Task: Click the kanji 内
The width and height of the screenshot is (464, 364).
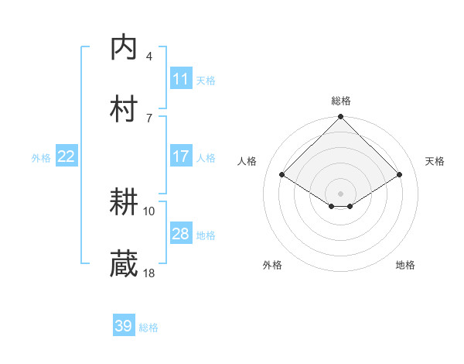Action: point(125,47)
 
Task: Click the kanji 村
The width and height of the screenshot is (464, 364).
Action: point(125,108)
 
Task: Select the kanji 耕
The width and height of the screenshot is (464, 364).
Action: point(125,203)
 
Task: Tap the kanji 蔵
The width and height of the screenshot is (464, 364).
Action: point(125,264)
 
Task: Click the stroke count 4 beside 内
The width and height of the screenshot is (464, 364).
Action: point(149,57)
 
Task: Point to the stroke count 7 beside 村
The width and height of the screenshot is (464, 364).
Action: point(149,117)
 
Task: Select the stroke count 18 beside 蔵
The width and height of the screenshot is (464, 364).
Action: point(149,273)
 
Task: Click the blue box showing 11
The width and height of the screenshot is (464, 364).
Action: point(180,78)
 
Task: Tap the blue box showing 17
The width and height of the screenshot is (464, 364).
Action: point(180,156)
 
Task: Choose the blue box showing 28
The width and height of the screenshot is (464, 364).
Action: point(180,234)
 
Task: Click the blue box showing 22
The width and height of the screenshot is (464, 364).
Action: point(67,156)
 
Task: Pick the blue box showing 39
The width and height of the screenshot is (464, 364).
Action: point(124,326)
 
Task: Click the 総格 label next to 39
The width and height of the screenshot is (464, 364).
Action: point(148,328)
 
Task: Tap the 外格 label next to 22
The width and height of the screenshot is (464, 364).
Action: point(41,158)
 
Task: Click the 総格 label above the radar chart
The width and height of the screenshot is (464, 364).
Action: point(341,101)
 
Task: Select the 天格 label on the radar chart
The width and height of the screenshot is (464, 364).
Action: point(435,161)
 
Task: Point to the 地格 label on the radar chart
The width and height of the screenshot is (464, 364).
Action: point(405,265)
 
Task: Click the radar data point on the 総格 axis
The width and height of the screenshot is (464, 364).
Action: point(341,118)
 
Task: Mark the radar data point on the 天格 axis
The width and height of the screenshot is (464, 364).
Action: point(400,175)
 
